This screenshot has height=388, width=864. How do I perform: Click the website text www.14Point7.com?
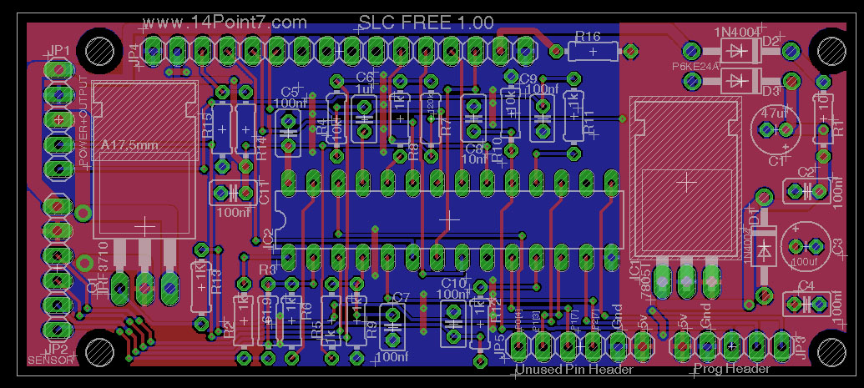click(x=225, y=23)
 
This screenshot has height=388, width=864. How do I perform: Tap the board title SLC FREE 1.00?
click(x=426, y=23)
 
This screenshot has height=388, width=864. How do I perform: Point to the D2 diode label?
click(x=771, y=41)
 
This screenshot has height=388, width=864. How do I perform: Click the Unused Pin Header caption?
click(x=574, y=369)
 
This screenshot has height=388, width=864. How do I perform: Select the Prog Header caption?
click(x=732, y=369)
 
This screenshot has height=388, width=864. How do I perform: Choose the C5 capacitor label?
click(x=290, y=91)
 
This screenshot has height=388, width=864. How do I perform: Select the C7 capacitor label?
click(x=401, y=297)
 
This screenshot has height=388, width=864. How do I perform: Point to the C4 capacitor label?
click(x=806, y=285)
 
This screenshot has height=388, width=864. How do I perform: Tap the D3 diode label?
click(x=771, y=89)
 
